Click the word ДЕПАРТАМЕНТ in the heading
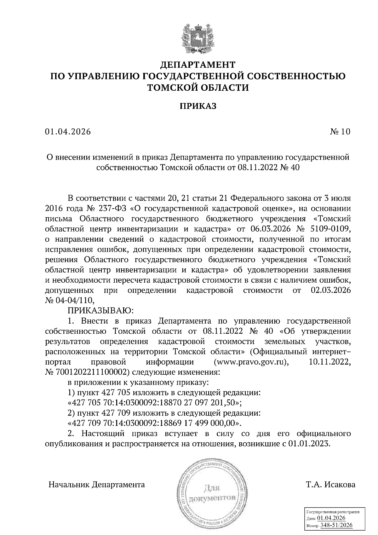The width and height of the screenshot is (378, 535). click(198, 65)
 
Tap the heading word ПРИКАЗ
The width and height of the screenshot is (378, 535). click(198, 106)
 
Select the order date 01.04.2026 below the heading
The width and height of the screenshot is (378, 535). click(68, 132)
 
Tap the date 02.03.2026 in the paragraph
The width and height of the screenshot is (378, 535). click(330, 290)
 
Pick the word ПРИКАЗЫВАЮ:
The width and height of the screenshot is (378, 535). click(101, 311)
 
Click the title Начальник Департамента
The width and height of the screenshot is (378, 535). click(97, 484)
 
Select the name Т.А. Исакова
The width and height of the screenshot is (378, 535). click(330, 484)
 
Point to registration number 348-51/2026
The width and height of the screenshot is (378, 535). click(336, 525)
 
